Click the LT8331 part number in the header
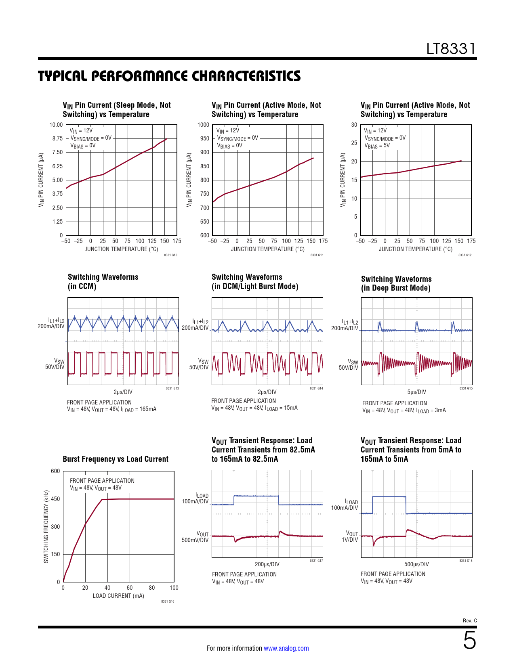451,49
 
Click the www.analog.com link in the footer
286,648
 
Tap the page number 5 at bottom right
469,641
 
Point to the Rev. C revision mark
470,620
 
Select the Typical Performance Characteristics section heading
169,76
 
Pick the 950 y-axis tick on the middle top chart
205,138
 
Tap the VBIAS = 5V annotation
377,146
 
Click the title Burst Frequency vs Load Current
116,459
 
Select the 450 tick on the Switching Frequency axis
55,499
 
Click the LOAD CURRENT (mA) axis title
118,596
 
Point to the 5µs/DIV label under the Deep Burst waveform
416,392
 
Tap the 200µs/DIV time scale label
267,564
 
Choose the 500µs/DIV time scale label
416,564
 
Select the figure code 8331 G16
168,602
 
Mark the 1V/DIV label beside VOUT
350,540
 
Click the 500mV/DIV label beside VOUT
195,540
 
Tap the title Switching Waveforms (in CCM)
103,282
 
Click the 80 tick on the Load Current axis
152,588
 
